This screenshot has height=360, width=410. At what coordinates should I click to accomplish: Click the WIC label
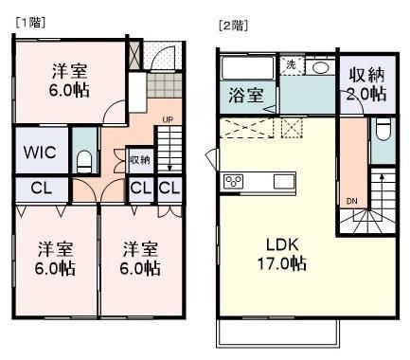coord(40,153)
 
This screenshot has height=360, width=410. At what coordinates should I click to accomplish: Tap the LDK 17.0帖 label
coord(282,254)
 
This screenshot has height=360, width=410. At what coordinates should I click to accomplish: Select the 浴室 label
coord(246,95)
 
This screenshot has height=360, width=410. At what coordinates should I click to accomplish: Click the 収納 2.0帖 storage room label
coord(366,83)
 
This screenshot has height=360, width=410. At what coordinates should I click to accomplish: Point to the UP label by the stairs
coord(168,120)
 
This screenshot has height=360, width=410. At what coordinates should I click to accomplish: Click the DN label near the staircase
coord(351,201)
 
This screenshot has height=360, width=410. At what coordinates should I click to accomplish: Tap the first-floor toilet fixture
coord(84,161)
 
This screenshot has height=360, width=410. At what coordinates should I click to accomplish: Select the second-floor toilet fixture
coord(383,130)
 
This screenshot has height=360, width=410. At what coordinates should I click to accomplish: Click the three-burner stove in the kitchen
coord(233,182)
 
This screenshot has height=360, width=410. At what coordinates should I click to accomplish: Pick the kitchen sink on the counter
coord(284,182)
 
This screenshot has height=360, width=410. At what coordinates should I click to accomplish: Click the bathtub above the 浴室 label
coord(248,68)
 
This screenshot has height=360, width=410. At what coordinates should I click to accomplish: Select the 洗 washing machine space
coord(292,65)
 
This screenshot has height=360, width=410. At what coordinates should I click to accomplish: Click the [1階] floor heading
coord(30,23)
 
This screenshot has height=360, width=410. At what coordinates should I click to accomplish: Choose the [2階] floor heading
coord(233,26)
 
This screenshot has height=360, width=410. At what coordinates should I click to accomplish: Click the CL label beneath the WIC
coord(42,189)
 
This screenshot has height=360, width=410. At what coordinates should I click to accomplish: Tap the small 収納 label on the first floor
coord(140,160)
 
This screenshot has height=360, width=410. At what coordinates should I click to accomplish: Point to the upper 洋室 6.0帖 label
coord(69,81)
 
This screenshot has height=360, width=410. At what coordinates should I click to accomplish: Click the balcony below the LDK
coord(278,334)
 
